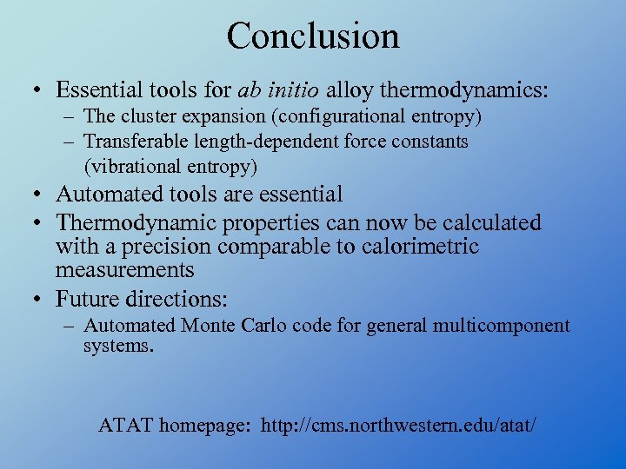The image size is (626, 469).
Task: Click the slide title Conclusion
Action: pyautogui.click(x=313, y=36)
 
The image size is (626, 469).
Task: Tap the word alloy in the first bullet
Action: pyautogui.click(x=348, y=89)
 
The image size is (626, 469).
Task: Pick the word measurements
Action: pyautogui.click(x=124, y=270)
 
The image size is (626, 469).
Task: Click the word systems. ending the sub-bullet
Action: pyautogui.click(x=118, y=346)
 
